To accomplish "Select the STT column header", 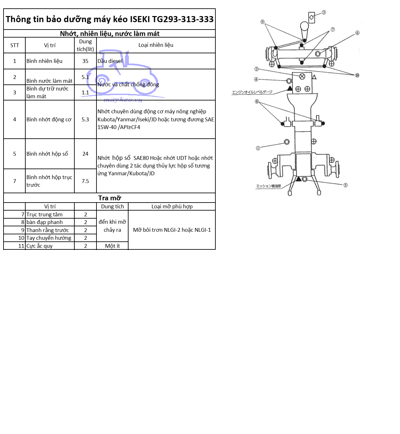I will (x=14, y=45).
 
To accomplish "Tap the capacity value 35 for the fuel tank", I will (x=85, y=61).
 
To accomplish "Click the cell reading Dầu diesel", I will (x=110, y=61).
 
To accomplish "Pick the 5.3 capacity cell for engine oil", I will (x=85, y=119).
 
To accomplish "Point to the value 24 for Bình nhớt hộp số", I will (x=85, y=154).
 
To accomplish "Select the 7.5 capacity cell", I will (x=85, y=181).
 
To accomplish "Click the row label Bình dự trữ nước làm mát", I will (x=47, y=92).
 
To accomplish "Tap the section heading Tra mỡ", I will (x=110, y=198).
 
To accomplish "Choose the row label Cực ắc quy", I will (x=39, y=246).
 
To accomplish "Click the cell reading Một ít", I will (x=113, y=246).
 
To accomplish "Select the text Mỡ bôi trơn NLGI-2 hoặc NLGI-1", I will (x=172, y=230).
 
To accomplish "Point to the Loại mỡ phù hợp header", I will (x=172, y=206).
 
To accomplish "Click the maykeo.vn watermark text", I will (x=123, y=100).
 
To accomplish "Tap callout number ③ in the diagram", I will (x=324, y=13).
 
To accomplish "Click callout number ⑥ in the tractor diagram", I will (x=357, y=33).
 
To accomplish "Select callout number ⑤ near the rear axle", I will (x=346, y=185).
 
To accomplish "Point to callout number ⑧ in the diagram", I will (x=257, y=101).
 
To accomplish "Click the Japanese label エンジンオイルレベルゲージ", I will (x=252, y=92).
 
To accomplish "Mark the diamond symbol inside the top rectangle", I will (x=311, y=17).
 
